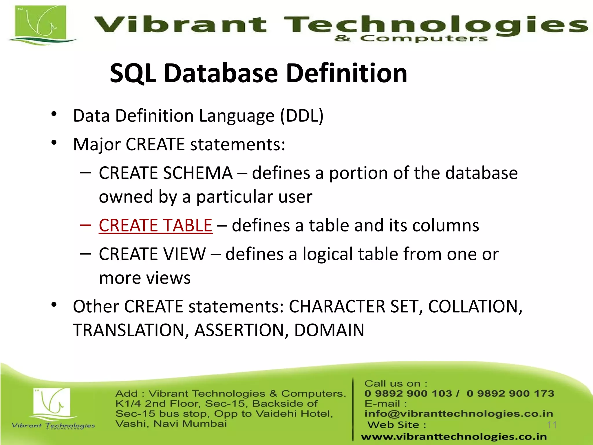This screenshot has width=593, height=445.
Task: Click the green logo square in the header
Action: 41,24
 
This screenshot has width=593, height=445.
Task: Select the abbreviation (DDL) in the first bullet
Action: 301,116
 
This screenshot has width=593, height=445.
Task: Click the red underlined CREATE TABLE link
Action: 155,225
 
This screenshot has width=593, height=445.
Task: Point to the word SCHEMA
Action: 198,173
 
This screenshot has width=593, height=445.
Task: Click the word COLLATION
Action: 475,307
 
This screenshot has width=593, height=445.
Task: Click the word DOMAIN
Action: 329,330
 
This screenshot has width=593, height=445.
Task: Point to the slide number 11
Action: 552,425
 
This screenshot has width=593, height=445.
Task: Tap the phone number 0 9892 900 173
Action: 510,393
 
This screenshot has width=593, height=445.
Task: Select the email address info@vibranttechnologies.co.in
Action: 459,413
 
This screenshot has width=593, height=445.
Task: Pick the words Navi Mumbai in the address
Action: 190,424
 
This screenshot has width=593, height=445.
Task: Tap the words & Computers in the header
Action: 411,39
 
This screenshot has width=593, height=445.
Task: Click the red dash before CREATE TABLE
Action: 85,225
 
